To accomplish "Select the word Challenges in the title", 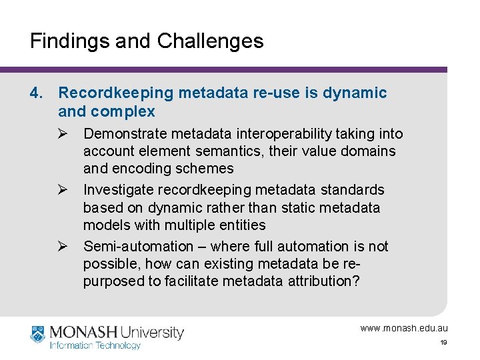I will coord(210,41).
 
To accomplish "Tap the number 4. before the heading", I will coord(37,93).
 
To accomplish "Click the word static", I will coord(282,207).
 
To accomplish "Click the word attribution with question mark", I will coord(325,281).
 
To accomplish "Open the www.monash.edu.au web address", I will coord(404,328).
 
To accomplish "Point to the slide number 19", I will coord(443,343).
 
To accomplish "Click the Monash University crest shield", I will coord(38,333).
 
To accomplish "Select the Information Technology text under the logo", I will coord(95,345).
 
